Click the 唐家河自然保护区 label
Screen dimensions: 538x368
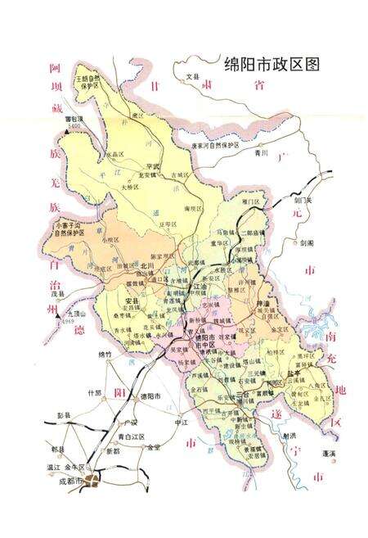[215, 145]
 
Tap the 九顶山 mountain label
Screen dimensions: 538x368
[77, 313]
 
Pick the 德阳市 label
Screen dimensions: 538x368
[152, 396]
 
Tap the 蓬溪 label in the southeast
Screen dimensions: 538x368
[329, 452]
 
